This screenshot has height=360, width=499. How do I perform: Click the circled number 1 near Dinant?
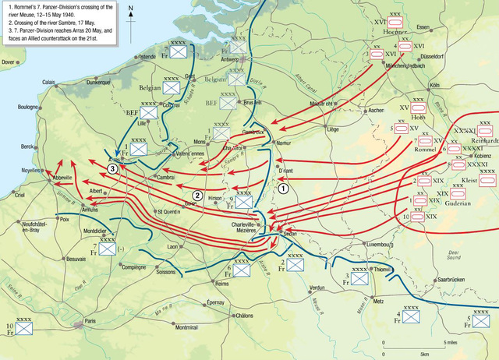point(284,187)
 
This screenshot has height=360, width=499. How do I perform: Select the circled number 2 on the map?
point(198,195)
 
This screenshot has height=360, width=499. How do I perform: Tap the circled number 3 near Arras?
point(113,168)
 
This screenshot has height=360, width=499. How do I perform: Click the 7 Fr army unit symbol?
point(108,249)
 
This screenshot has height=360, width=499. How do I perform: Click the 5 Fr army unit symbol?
point(481,319)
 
